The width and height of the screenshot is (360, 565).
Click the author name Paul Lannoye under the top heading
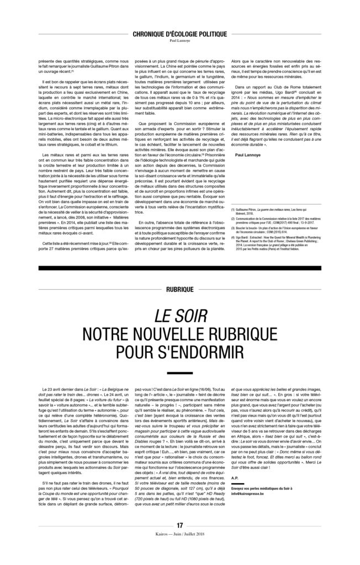(x=180, y=40)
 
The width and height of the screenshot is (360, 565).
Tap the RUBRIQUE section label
(x=179, y=289)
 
